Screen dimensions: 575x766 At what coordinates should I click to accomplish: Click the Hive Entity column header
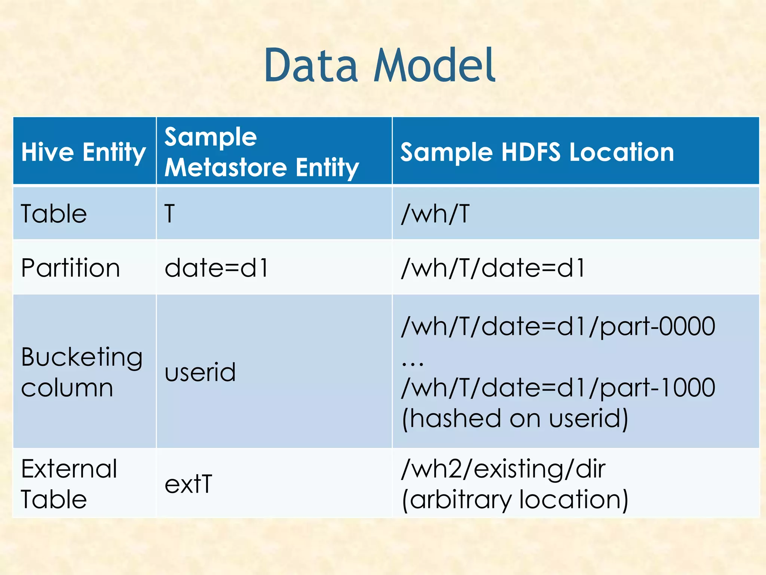83,152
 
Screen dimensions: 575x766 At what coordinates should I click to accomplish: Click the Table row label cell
54,214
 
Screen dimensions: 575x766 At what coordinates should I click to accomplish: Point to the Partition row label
70,268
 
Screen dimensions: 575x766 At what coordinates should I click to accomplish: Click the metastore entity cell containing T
170,214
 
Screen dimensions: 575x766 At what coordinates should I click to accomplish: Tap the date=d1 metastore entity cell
217,268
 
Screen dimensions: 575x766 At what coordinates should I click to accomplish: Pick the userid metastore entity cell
200,372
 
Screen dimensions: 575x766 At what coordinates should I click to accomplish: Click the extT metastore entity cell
188,484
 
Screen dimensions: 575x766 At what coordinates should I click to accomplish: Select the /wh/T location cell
435,214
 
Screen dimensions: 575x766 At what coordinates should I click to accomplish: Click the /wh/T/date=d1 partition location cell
493,268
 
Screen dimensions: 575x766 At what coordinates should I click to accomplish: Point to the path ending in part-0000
558,326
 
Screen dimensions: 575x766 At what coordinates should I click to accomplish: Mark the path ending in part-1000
558,387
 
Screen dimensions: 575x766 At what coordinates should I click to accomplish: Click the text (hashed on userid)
515,418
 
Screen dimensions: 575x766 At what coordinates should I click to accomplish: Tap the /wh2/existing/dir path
503,469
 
